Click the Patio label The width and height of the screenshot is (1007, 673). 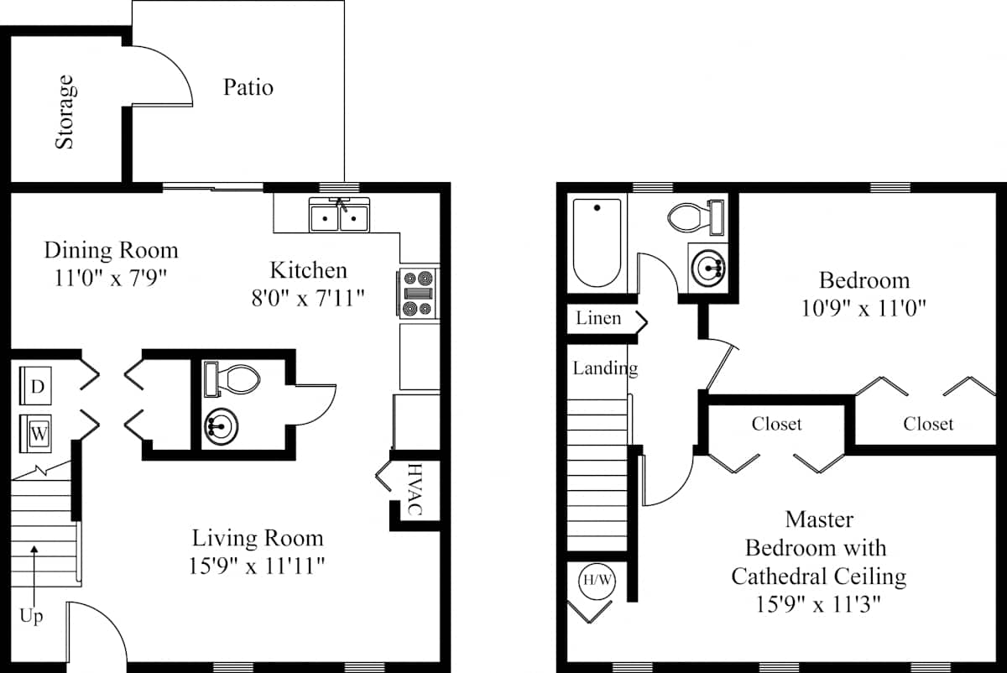coord(248,87)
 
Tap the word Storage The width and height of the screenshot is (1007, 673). coord(65,112)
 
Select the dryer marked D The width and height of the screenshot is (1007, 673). coord(35,386)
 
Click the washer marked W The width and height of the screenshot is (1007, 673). coord(35,433)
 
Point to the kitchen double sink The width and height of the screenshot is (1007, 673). coord(339,216)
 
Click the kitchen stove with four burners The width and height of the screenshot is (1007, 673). coord(418,294)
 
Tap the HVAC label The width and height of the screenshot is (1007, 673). coord(415,489)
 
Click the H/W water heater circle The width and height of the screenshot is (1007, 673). coord(597,581)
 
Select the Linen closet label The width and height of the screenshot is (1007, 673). coord(598,318)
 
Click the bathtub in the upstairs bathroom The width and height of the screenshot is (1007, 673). coord(597,243)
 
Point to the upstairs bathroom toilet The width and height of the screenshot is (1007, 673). coord(696,217)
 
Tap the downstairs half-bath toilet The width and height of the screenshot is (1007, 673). coord(232,379)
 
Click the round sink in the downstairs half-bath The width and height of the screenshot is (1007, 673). coord(221,426)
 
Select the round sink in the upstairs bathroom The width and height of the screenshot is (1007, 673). coord(707,269)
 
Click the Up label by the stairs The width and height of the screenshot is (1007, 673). coord(31,616)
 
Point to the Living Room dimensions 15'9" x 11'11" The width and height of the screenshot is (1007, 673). coord(256,566)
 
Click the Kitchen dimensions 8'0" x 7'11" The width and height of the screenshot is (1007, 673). coord(308,298)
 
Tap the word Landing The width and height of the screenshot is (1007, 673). coord(605,368)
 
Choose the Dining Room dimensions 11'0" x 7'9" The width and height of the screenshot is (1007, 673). coord(111,278)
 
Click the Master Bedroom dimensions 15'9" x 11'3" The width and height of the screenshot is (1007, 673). coord(817,604)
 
